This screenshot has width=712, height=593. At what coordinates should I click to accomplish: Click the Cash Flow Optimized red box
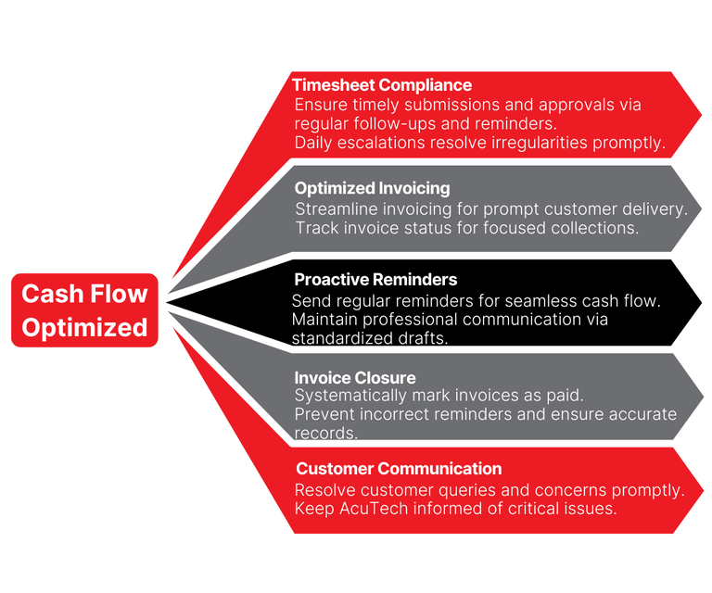[x=84, y=310]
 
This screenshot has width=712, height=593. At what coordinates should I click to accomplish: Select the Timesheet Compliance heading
[x=382, y=85]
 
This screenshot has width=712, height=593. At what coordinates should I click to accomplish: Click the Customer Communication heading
[x=399, y=469]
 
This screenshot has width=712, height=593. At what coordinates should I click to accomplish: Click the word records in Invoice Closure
[x=325, y=433]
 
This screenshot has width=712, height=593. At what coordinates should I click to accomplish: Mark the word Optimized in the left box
[x=84, y=328]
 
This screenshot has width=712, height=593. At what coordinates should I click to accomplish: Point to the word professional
[x=413, y=320]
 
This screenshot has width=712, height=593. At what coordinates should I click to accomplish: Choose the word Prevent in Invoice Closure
[x=322, y=414]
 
